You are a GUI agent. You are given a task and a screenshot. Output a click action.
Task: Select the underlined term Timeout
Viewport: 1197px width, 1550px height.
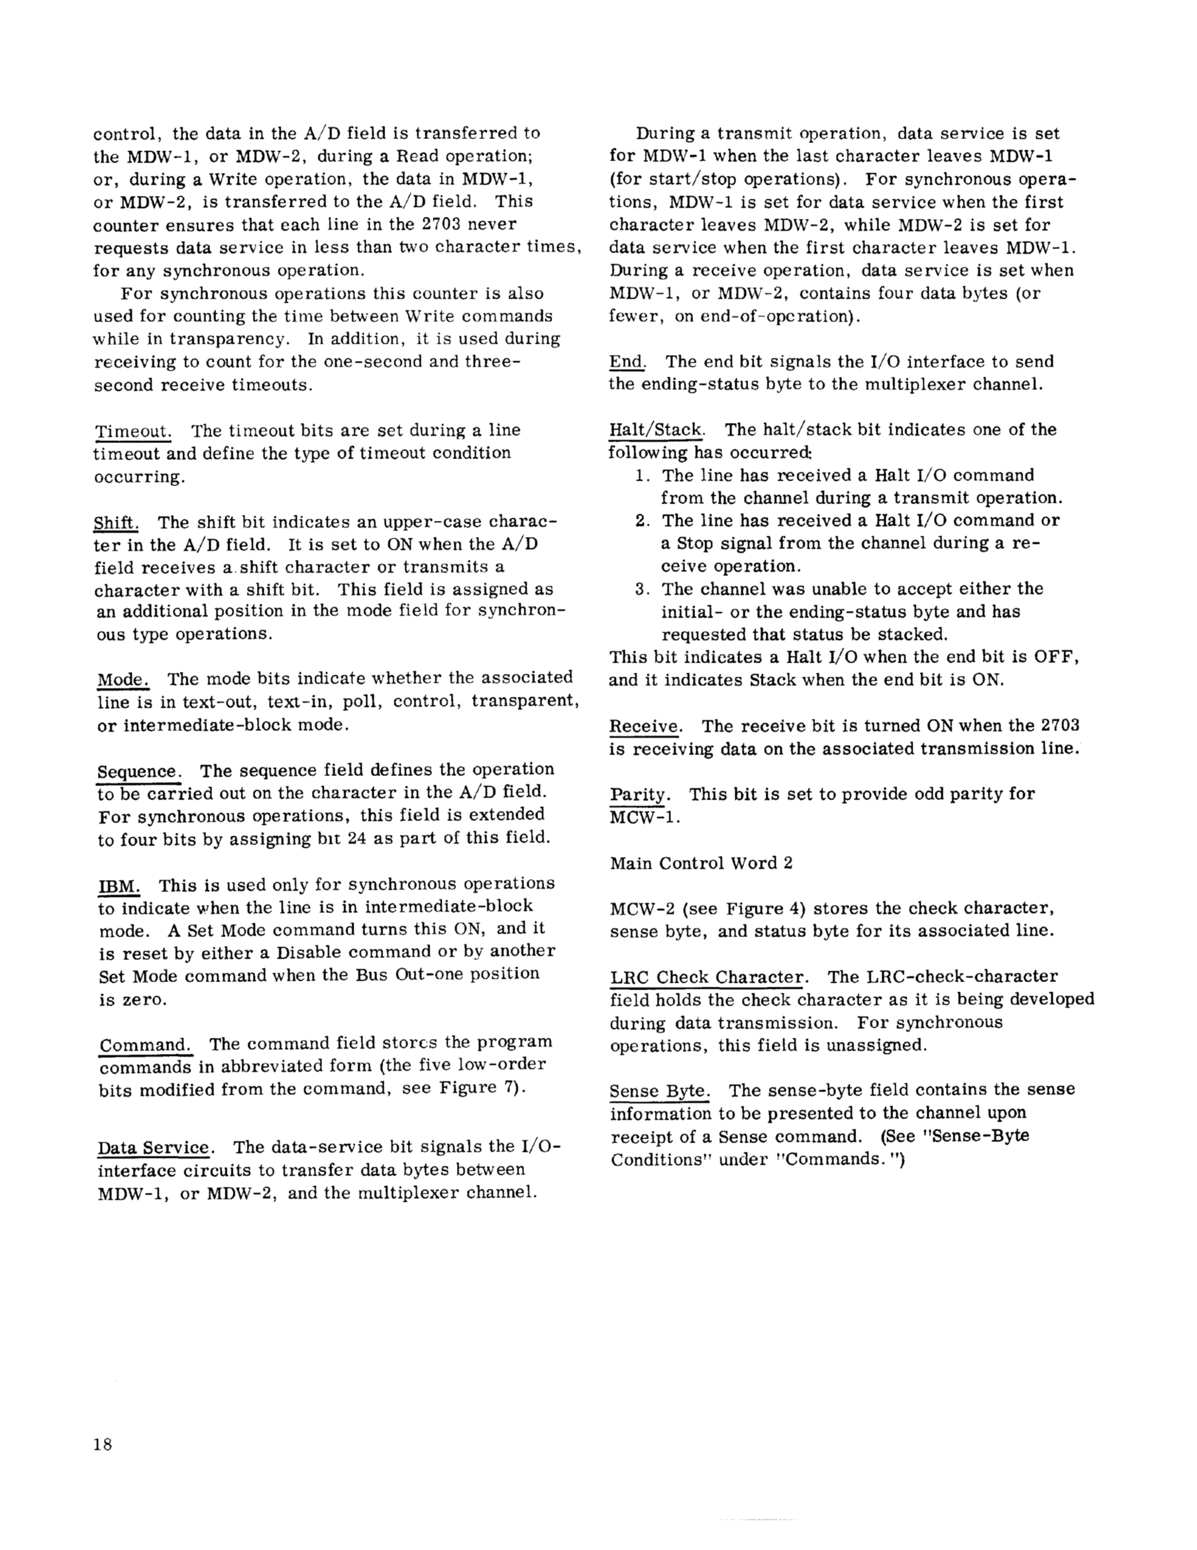133,431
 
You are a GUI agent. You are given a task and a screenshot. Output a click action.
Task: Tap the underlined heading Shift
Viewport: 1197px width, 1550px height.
115,523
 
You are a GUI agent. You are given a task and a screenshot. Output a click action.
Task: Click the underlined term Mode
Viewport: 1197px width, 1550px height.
122,679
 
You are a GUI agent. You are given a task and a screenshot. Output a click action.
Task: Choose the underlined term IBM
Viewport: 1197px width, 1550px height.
119,885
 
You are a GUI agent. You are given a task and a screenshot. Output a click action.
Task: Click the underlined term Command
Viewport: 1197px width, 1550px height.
145,1045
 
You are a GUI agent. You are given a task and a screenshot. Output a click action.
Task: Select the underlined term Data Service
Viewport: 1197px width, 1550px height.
154,1148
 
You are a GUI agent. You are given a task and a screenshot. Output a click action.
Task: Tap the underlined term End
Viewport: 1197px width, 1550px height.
627,362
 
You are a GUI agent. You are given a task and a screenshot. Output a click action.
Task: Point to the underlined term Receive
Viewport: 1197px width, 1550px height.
645,726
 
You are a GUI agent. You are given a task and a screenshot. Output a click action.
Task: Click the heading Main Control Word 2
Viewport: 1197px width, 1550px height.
701,863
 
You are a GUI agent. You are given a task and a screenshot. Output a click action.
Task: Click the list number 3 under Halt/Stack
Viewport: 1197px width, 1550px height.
641,589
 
